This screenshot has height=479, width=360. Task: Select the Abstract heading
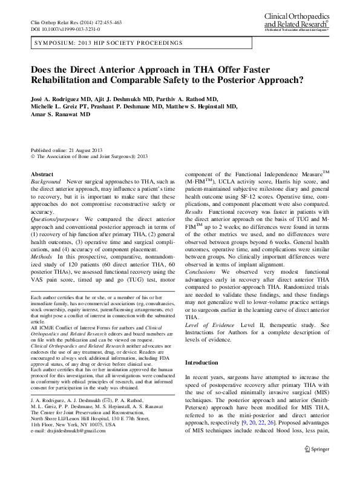coord(42,174)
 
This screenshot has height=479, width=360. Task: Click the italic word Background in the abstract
coord(45,182)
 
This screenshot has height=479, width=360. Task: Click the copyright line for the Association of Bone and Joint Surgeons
coord(89,156)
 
